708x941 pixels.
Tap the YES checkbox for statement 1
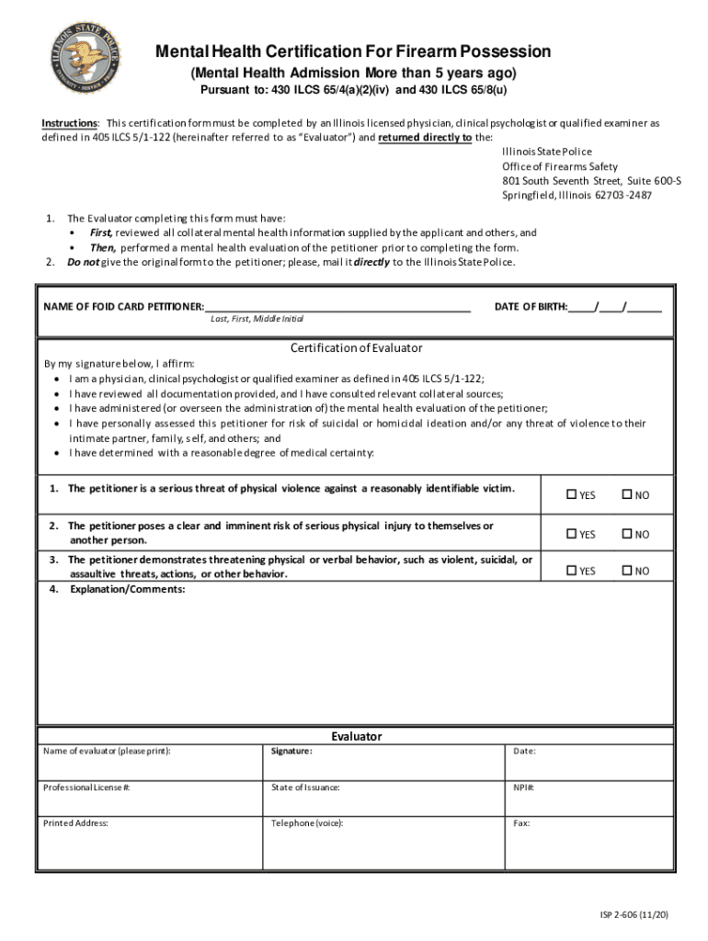[x=571, y=494]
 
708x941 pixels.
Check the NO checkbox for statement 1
[x=627, y=494]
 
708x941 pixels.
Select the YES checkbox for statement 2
[x=571, y=533]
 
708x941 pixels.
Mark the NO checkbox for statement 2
[x=627, y=533]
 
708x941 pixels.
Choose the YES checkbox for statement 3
[x=571, y=571]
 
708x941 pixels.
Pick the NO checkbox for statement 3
[x=627, y=571]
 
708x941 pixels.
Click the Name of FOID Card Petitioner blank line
[x=337, y=307]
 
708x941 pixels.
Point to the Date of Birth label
[x=531, y=306]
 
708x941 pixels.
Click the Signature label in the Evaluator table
[x=291, y=752]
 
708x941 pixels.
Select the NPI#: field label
[x=524, y=788]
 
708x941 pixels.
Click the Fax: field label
[x=521, y=823]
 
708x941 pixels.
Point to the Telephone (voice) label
[x=307, y=823]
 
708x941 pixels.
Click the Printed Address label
[x=75, y=823]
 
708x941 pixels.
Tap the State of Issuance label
[x=305, y=788]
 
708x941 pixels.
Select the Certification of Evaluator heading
[x=356, y=348]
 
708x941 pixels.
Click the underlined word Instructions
[x=70, y=123]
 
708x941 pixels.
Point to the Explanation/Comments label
[x=127, y=589]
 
